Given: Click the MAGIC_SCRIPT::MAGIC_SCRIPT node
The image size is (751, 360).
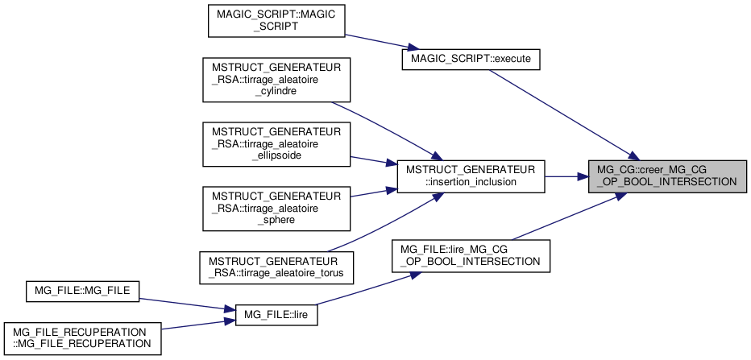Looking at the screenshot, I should (x=276, y=21).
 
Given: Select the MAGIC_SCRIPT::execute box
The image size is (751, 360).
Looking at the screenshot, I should (x=471, y=60).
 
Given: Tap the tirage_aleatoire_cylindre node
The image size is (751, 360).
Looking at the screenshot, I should (x=276, y=79).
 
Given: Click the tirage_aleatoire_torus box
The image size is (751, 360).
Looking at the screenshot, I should (x=276, y=267).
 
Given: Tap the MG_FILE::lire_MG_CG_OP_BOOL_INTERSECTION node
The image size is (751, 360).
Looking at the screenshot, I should (x=471, y=254).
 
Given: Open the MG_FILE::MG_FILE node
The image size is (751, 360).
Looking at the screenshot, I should (x=83, y=289).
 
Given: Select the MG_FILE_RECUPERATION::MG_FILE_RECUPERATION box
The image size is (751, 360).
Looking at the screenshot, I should (x=83, y=337).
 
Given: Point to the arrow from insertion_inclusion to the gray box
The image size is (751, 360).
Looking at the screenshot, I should (x=567, y=176).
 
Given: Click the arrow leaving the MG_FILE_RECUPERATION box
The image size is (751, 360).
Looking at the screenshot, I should (x=193, y=325).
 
